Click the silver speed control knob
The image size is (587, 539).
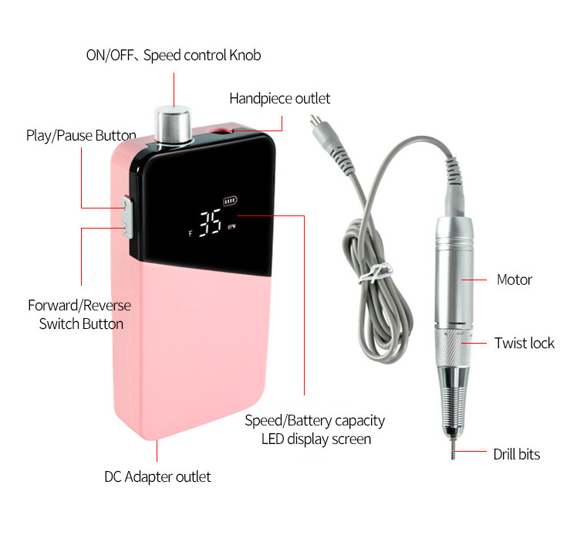[173, 125]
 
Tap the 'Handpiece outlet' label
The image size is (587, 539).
[280, 99]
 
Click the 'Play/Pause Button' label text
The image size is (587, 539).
[81, 135]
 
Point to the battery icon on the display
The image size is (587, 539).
[230, 202]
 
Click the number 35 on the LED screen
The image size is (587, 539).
[210, 223]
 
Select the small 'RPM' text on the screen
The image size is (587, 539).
[231, 227]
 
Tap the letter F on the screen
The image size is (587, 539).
[191, 233]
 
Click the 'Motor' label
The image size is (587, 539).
[514, 280]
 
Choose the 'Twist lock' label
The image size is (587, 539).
[524, 343]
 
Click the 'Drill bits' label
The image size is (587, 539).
[517, 454]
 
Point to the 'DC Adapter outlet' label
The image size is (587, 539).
[157, 476]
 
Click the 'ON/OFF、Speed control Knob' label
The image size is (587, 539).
[174, 55]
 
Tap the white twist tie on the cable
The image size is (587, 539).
[376, 273]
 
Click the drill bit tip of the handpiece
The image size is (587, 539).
[454, 451]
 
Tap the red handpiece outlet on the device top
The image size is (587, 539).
[220, 131]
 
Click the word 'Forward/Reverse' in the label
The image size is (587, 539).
[79, 306]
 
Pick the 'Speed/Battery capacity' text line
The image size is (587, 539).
[315, 421]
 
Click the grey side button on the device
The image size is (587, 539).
[127, 217]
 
